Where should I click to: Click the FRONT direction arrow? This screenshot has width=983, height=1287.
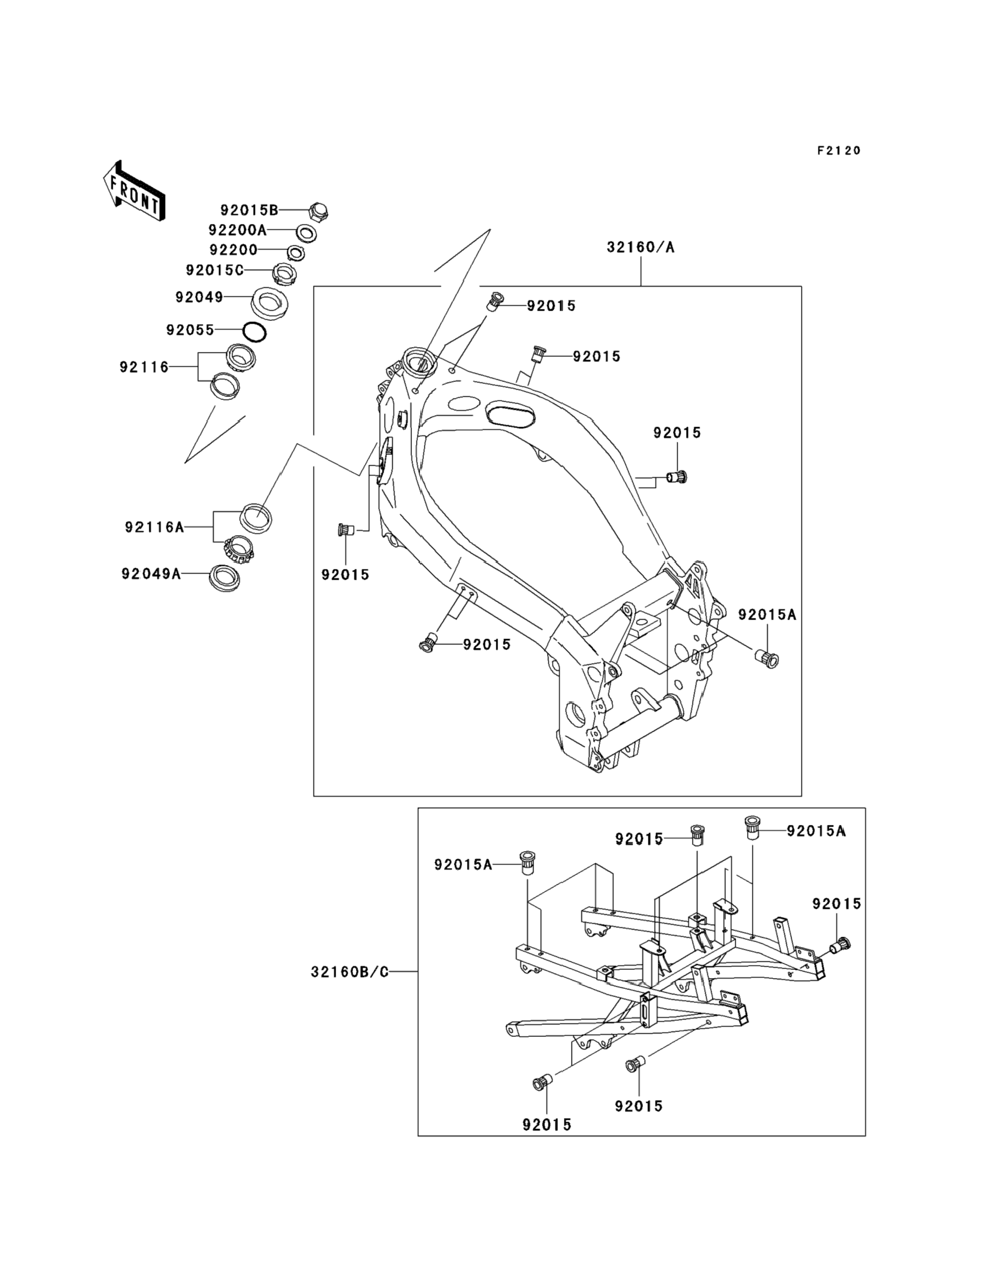[x=134, y=191]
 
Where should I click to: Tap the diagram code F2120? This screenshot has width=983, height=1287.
[x=839, y=150]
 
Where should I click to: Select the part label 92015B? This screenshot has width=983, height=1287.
[x=249, y=210]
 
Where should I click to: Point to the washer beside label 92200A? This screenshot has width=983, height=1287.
[x=306, y=233]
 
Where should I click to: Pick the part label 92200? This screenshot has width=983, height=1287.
[x=233, y=250]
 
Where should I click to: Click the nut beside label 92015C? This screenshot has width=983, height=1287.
[x=284, y=274]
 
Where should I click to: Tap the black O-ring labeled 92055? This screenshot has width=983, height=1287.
[x=254, y=332]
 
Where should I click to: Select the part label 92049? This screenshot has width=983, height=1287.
[x=199, y=297]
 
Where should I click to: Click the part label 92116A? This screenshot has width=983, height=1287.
[x=154, y=527]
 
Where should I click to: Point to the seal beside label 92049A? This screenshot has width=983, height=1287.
[x=225, y=578]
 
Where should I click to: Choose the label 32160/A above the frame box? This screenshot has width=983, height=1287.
[x=641, y=247]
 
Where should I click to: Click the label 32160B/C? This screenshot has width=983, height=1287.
[x=350, y=972]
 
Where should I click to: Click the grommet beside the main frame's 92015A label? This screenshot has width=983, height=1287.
[x=767, y=659]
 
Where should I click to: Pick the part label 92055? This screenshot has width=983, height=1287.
[x=190, y=330]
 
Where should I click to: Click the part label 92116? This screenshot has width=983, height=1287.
[x=144, y=367]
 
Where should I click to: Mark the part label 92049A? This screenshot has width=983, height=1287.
[x=151, y=574]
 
